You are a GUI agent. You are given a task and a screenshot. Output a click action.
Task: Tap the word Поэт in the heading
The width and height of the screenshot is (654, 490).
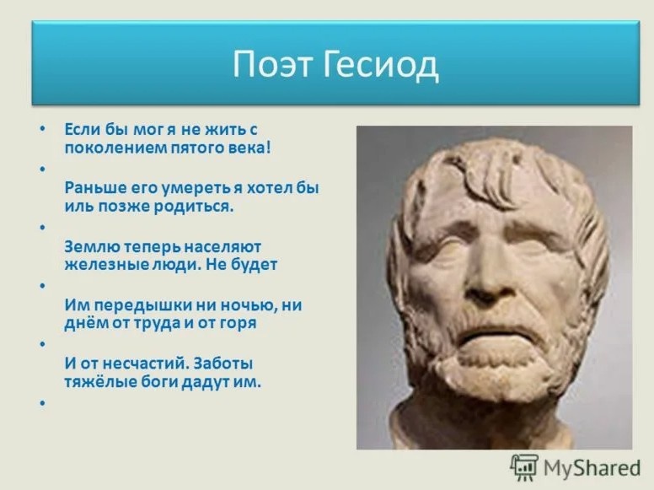click(271, 66)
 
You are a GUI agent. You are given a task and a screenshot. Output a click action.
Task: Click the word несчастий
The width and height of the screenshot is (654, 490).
click(140, 363)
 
